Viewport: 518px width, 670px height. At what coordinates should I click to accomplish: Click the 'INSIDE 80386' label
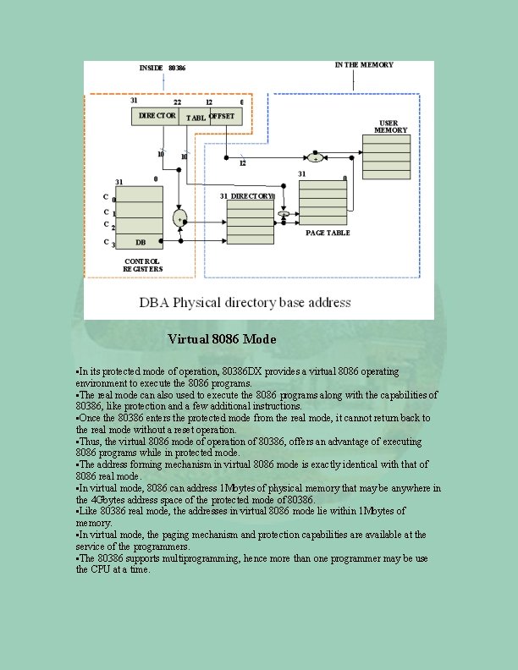(x=163, y=67)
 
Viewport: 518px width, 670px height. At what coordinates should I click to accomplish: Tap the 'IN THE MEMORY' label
(x=364, y=65)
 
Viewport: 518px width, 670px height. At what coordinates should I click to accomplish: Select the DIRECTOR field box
(x=157, y=116)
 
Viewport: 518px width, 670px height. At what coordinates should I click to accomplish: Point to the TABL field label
(x=196, y=118)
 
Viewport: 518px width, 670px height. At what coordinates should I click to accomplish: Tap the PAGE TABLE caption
(x=328, y=233)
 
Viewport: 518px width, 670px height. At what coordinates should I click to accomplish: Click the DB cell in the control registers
(x=140, y=242)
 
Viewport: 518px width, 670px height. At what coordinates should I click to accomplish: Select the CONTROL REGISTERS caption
(x=142, y=265)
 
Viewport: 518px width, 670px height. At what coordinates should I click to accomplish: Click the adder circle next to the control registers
(x=179, y=219)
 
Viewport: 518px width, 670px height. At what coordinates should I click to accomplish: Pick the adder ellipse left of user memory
(x=314, y=157)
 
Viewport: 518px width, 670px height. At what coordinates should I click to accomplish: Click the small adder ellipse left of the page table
(x=284, y=215)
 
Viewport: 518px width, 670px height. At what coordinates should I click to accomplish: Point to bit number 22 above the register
(x=177, y=102)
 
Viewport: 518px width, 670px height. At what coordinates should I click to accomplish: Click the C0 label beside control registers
(x=107, y=197)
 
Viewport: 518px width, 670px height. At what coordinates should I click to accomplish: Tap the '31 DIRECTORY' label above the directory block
(x=247, y=196)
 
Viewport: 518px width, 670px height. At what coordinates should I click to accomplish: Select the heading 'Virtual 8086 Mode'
(x=222, y=339)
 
